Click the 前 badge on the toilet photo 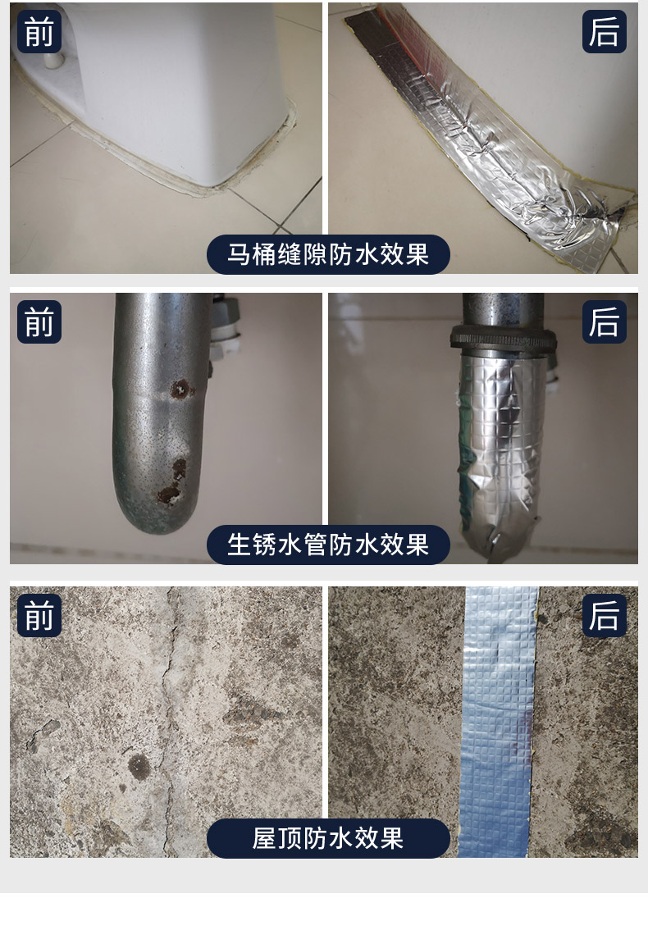click(39, 31)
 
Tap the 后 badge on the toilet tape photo click(604, 31)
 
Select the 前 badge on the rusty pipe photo click(39, 321)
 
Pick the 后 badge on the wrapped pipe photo click(604, 321)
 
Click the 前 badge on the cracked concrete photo click(39, 615)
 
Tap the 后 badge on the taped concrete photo click(604, 615)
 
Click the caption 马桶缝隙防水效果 click(328, 254)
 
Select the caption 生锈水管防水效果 click(328, 545)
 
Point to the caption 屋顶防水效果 click(328, 838)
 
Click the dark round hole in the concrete click(139, 768)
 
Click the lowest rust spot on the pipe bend click(168, 494)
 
